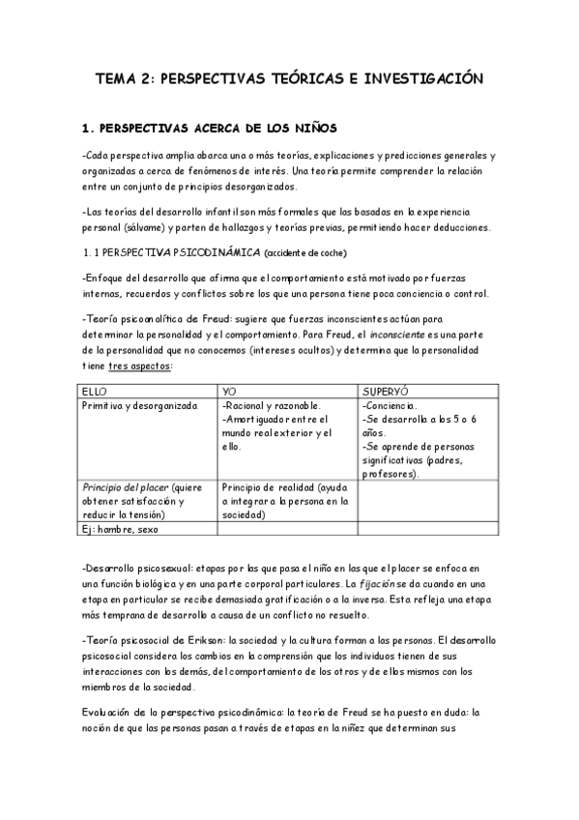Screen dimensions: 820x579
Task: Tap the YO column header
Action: click(229, 389)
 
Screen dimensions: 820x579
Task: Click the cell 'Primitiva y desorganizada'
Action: click(139, 405)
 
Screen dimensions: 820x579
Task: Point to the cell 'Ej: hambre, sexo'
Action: click(120, 529)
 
